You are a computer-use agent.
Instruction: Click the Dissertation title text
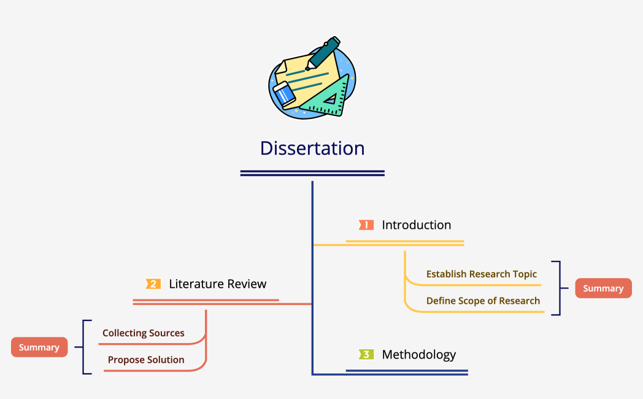312,149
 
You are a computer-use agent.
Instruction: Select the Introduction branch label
416,225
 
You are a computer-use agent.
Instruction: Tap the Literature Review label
218,284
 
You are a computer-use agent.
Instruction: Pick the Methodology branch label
418,355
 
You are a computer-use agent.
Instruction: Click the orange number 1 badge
366,225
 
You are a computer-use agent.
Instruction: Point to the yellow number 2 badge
153,284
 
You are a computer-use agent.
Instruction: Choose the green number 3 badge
366,355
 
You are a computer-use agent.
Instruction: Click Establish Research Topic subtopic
482,274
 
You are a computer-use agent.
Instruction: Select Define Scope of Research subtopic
483,301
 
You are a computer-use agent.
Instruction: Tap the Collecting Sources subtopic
144,333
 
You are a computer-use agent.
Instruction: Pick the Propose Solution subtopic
146,360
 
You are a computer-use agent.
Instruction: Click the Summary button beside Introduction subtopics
603,289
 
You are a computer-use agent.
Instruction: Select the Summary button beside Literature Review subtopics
39,347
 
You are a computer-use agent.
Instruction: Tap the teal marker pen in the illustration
323,53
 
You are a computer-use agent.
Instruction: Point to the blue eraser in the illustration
284,94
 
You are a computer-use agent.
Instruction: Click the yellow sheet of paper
304,77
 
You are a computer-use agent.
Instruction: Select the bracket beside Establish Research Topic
558,288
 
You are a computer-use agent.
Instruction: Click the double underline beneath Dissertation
312,173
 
